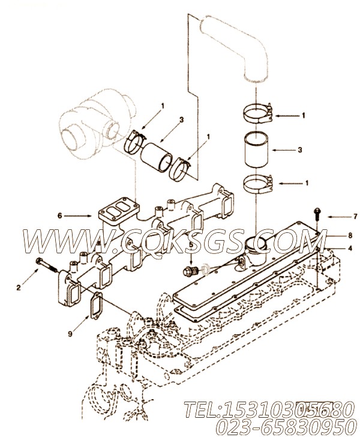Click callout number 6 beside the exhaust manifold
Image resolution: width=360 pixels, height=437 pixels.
coord(59,215)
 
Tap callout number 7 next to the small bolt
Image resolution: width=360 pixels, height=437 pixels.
coord(355,216)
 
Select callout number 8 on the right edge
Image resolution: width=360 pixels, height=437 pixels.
coord(350,235)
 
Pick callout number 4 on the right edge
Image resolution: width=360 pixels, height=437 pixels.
coord(350,248)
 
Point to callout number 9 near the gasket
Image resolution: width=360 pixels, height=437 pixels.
coord(70,333)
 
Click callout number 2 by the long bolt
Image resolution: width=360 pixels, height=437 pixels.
coord(19,288)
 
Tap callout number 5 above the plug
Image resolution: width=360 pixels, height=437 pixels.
coord(191,245)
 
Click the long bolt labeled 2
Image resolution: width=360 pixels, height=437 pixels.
coord(47,265)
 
